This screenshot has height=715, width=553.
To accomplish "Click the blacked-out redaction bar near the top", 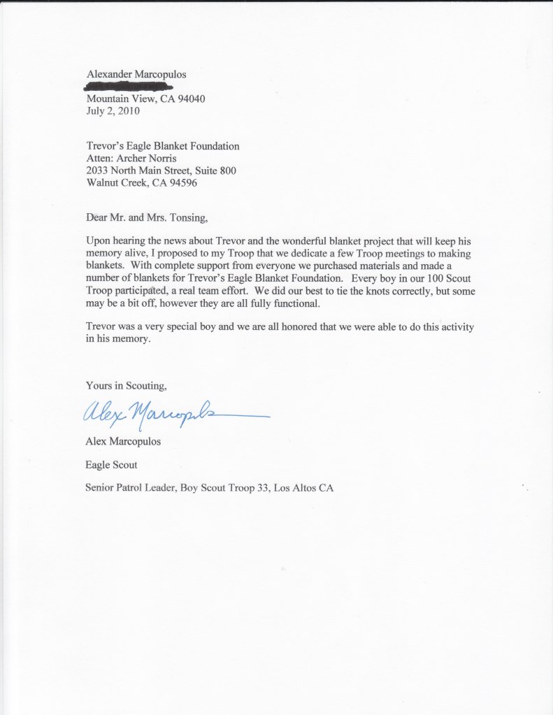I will coord(128,87).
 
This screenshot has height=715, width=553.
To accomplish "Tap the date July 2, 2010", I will coord(113,110).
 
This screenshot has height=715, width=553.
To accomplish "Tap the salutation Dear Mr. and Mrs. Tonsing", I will coord(147,217).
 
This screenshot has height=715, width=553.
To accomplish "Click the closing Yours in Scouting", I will coord(127,385).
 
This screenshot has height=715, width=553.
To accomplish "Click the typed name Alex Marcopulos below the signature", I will coord(123,442).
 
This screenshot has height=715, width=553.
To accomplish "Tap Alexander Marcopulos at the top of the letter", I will coord(136,73).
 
